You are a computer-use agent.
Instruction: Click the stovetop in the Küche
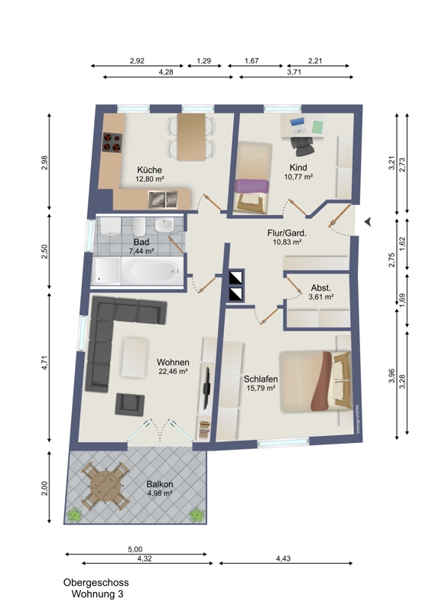pos(113,142)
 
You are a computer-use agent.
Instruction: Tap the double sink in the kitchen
pos(163,199)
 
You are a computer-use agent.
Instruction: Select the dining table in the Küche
pos(191,137)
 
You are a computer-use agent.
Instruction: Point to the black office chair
pos(302,145)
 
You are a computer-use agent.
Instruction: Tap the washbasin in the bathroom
pos(164,225)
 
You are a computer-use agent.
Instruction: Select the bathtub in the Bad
pos(151,271)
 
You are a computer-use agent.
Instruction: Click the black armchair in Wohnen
pos(130,404)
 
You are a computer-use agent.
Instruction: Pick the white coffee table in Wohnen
pos(135,358)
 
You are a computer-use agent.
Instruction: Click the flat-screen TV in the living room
pos(207,387)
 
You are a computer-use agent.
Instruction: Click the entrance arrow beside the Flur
pos(367,222)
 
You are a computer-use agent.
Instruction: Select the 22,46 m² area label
pos(174,372)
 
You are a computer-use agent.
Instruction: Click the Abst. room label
pos(321,288)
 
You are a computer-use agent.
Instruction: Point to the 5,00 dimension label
pos(135,549)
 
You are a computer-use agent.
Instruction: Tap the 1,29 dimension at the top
pos(203,61)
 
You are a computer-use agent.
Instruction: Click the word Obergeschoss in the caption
pos(96,583)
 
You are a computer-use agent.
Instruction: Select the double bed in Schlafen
pos(316,381)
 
